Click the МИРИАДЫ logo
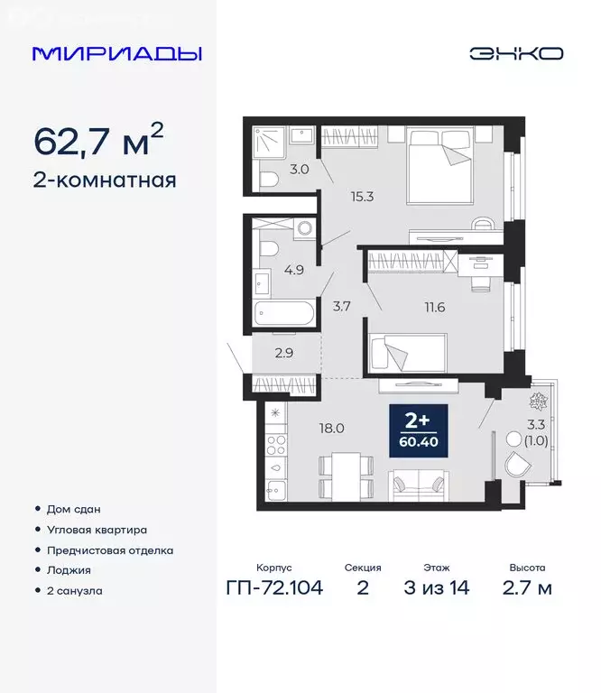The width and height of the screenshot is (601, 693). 117,53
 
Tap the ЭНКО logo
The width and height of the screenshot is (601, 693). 515,53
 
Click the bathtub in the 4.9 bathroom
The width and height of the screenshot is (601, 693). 283,316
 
